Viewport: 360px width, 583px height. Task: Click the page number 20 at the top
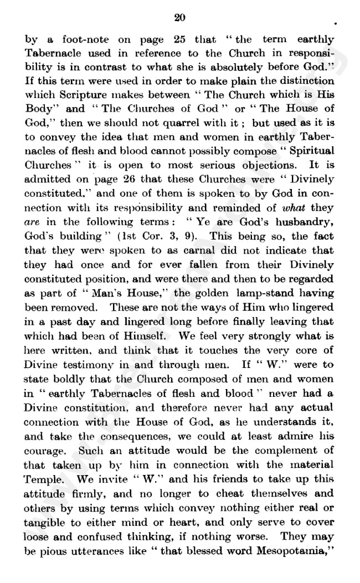point(179,18)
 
